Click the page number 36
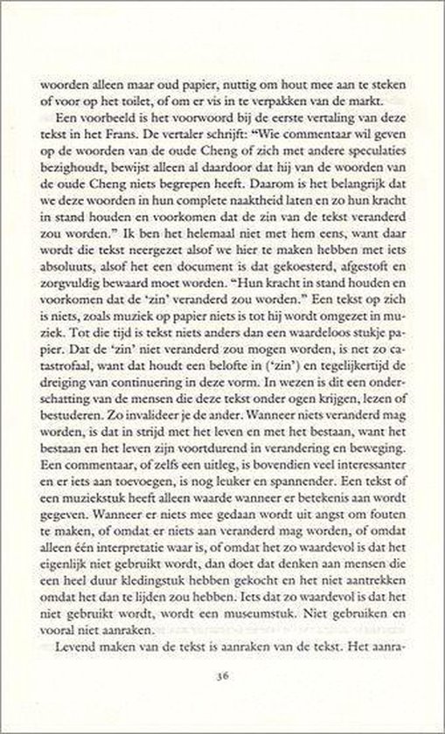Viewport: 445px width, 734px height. [x=222, y=675]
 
